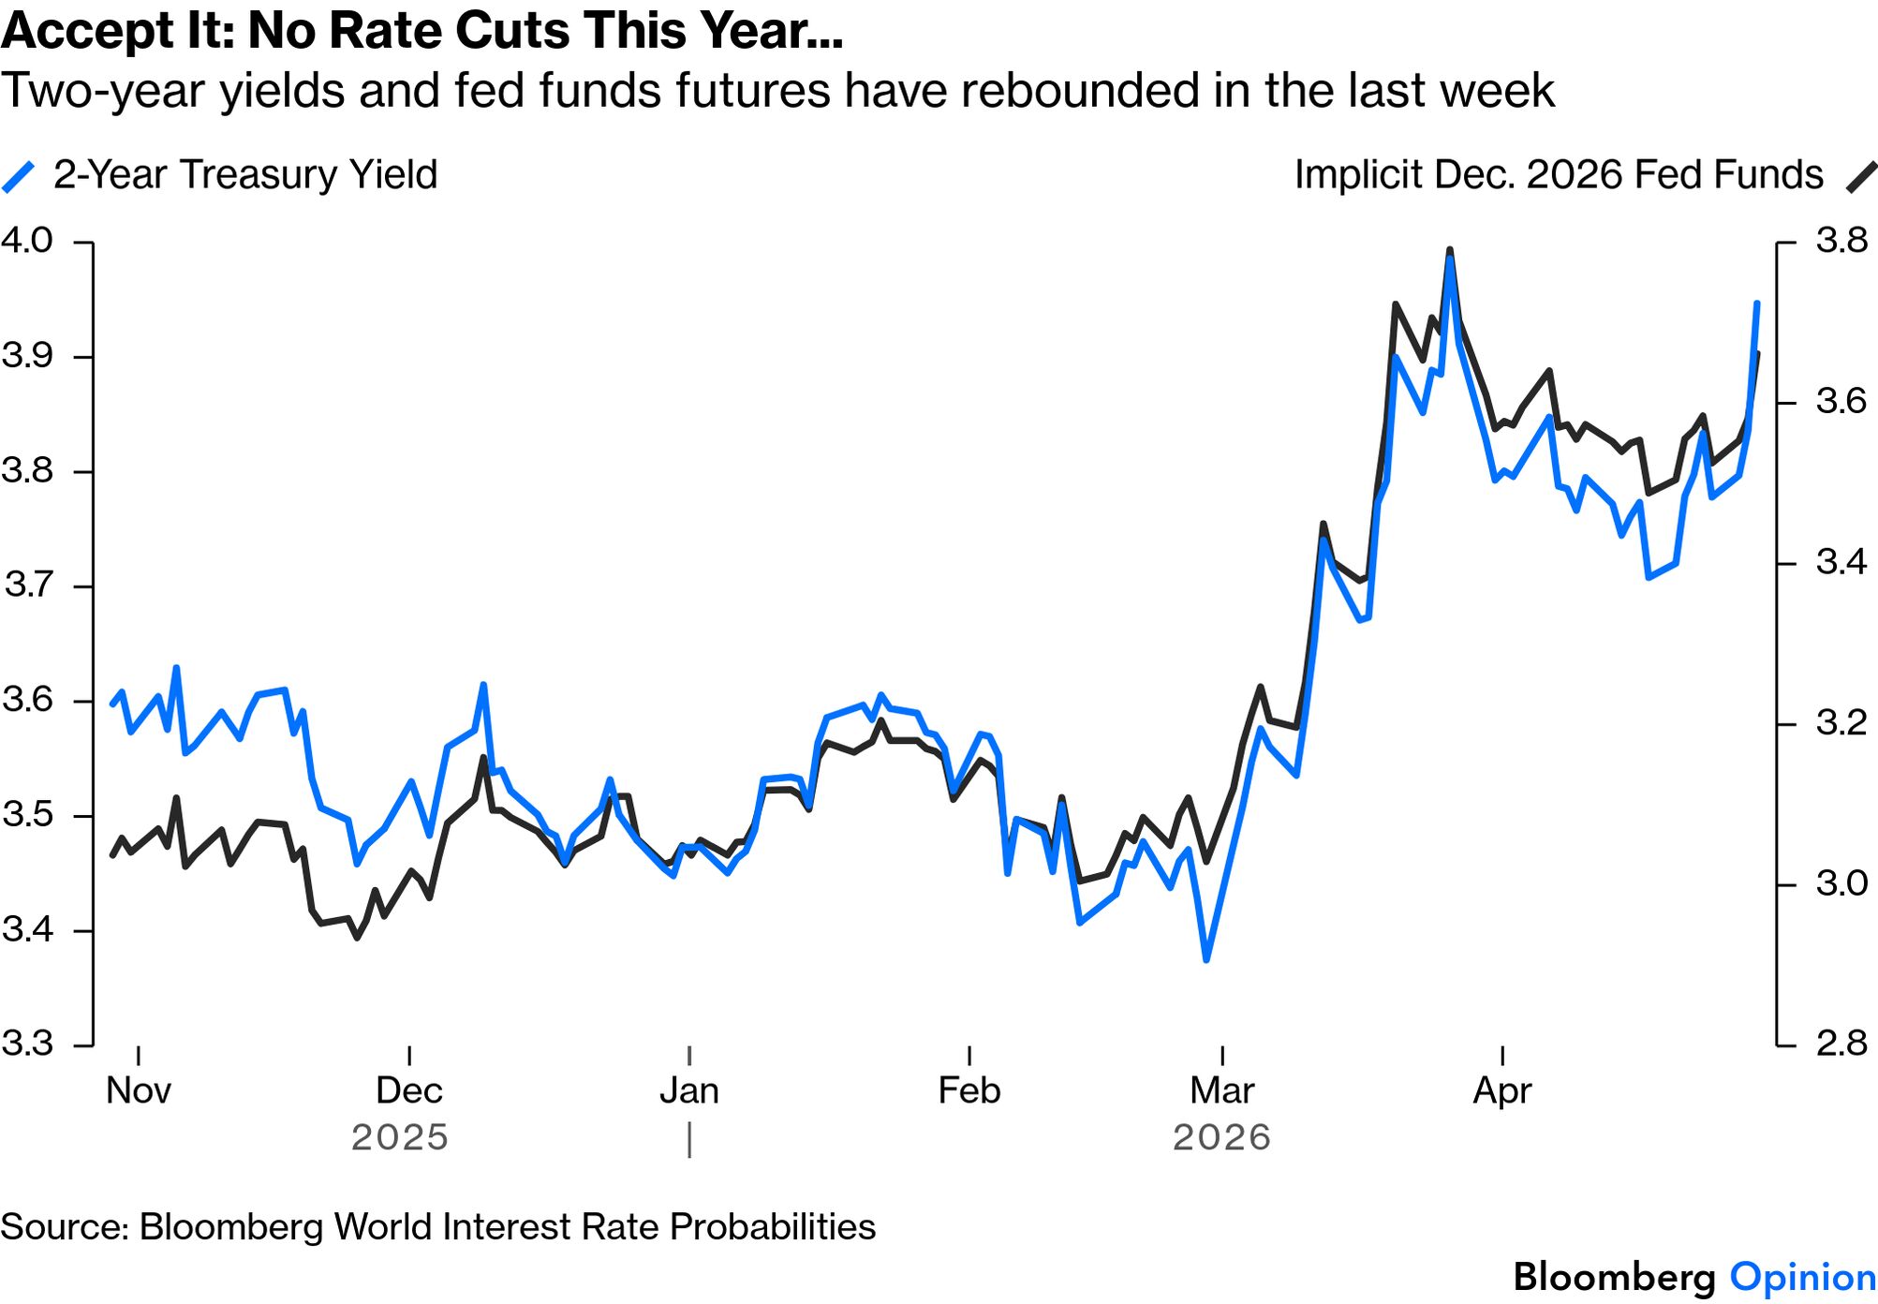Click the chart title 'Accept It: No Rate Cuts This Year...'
pyautogui.click(x=422, y=30)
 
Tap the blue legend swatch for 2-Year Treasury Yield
pyautogui.click(x=19, y=176)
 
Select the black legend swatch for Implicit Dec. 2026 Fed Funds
pyautogui.click(x=1860, y=176)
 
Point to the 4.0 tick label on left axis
pyautogui.click(x=27, y=241)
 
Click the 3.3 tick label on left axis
pyautogui.click(x=27, y=1043)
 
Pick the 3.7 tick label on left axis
pyautogui.click(x=29, y=585)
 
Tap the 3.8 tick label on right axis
pyautogui.click(x=1841, y=241)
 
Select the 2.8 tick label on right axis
pyautogui.click(x=1841, y=1043)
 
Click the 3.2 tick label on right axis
pyautogui.click(x=1841, y=722)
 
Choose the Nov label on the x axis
pyautogui.click(x=139, y=1090)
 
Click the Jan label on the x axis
pyautogui.click(x=689, y=1090)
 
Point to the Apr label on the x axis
pyautogui.click(x=1502, y=1090)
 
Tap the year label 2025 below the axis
pyautogui.click(x=400, y=1137)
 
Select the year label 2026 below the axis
pyautogui.click(x=1221, y=1137)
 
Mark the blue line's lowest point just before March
pyautogui.click(x=1206, y=959)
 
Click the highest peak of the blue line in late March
pyautogui.click(x=1450, y=259)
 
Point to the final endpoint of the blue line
pyautogui.click(x=1757, y=304)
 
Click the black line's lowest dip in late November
pyautogui.click(x=357, y=937)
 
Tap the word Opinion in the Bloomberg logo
pyautogui.click(x=1802, y=1278)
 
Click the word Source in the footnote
pyautogui.click(x=64, y=1227)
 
